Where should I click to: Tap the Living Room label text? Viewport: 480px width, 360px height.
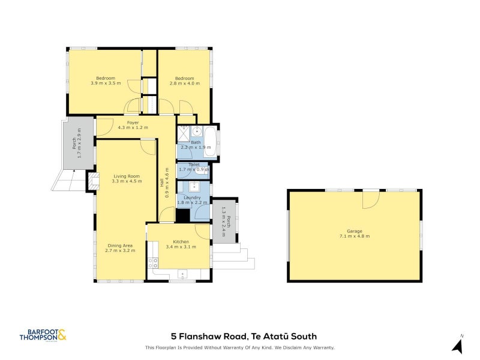tap(126, 176)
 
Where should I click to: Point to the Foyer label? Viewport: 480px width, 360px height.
tap(133, 122)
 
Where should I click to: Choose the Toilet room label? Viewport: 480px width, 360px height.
tap(194, 164)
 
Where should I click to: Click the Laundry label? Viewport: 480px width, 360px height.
tap(193, 197)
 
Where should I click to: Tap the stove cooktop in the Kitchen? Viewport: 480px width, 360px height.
tap(153, 262)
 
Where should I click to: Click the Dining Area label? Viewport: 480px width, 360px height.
tap(120, 245)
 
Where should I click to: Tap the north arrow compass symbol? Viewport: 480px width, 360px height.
tap(458, 346)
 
